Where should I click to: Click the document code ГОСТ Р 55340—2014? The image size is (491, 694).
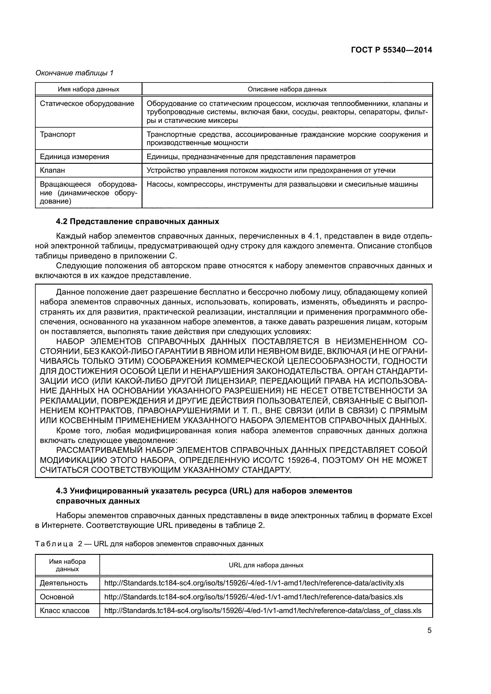click(x=391, y=50)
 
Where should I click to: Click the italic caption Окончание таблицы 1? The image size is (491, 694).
click(x=75, y=73)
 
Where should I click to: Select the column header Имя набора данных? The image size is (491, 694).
click(x=88, y=89)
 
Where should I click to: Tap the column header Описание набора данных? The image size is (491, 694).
click(x=287, y=89)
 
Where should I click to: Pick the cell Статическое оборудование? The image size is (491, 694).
click(x=87, y=104)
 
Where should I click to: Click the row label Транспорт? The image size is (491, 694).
click(x=58, y=134)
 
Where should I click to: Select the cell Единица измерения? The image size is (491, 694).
click(x=75, y=157)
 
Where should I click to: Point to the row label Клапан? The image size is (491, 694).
click(x=52, y=171)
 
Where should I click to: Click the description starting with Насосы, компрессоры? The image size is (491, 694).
click(x=282, y=184)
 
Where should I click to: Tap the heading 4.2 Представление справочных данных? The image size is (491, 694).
click(x=137, y=222)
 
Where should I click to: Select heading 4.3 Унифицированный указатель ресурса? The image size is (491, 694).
click(x=204, y=491)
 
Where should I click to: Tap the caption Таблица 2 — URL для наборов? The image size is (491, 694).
click(x=149, y=544)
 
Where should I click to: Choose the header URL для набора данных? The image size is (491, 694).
click(x=266, y=565)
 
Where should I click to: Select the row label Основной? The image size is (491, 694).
click(x=57, y=597)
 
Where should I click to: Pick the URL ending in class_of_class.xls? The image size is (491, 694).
click(x=262, y=611)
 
